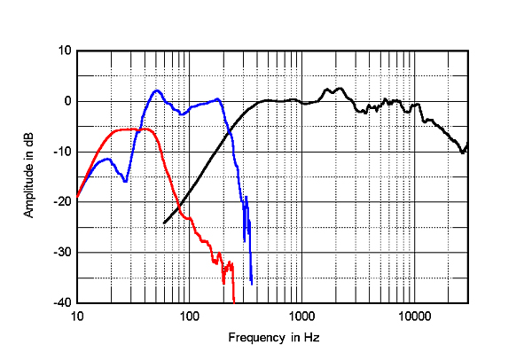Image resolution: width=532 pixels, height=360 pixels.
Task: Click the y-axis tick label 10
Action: tap(65, 51)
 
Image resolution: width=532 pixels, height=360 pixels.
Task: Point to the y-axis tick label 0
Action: tap(67, 101)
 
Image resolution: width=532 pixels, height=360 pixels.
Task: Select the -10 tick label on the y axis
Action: tap(63, 152)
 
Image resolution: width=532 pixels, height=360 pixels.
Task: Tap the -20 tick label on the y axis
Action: tap(63, 202)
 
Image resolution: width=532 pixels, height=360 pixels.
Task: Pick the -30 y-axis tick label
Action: tap(63, 253)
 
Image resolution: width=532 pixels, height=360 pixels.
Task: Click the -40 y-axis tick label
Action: tap(63, 303)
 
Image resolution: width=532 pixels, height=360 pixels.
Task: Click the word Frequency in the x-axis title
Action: tap(254, 338)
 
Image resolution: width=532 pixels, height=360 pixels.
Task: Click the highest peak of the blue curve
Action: tap(156, 90)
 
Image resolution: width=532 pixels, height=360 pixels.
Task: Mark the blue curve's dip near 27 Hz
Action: tap(125, 181)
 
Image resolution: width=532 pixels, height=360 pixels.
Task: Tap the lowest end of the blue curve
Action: tap(252, 284)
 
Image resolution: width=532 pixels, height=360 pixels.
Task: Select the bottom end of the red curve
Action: tap(233, 301)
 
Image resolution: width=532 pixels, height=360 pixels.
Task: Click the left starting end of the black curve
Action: tap(165, 223)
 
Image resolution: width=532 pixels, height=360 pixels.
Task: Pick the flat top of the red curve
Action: tap(133, 129)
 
